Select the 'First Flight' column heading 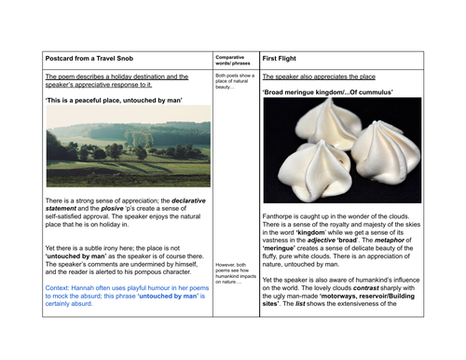(281, 59)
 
